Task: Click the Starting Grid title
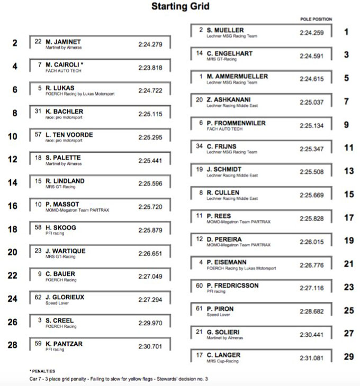point(180,7)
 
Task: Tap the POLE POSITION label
point(316,19)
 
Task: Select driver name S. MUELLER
point(226,30)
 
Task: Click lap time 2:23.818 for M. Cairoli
point(150,68)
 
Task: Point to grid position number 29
point(348,357)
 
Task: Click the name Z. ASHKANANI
point(229,99)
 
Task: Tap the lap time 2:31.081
point(311,358)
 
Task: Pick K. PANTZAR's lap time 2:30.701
point(150,346)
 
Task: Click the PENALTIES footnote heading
point(43,371)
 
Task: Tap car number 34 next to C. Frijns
point(200,145)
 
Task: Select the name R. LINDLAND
point(65,181)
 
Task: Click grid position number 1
point(346,32)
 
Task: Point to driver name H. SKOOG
point(61,227)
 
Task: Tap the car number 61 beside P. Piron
point(200,308)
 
